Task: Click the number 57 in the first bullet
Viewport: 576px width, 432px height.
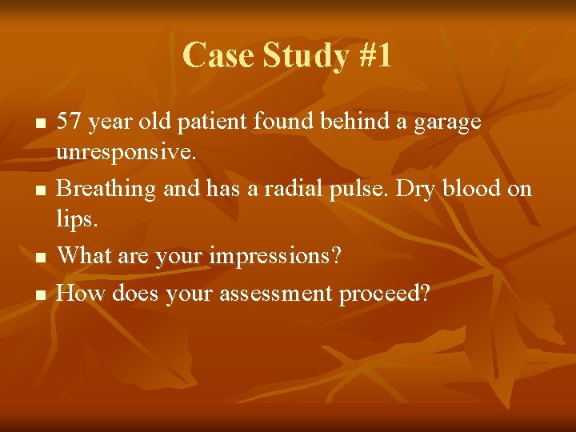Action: [x=70, y=122]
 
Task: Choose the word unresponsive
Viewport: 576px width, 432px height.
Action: [x=126, y=153]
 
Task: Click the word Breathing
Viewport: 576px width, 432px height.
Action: [x=107, y=190]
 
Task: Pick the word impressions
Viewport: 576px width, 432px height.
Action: [x=274, y=256]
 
